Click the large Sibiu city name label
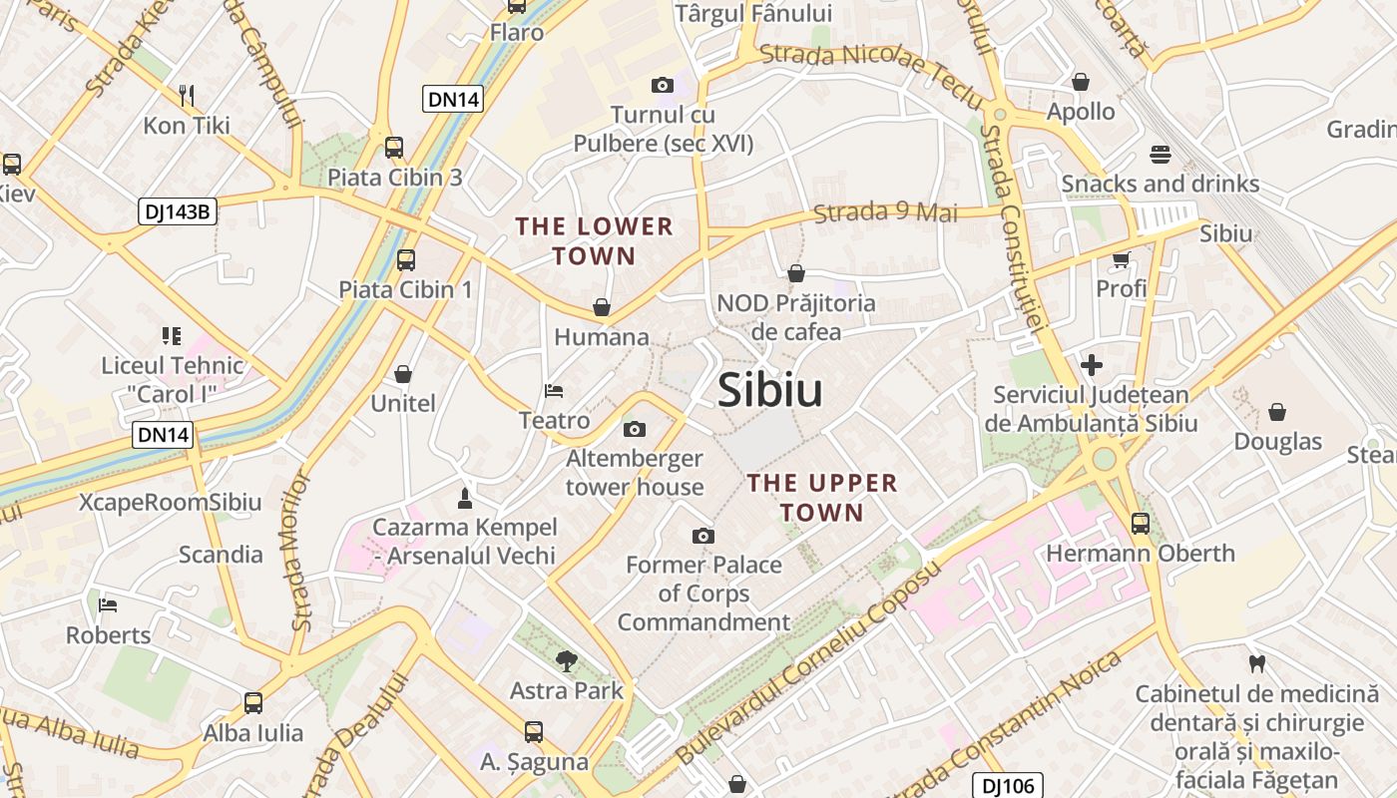point(770,390)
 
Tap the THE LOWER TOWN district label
point(595,241)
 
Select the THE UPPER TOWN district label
point(822,498)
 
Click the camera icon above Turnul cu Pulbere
point(662,86)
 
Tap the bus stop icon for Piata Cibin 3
point(394,148)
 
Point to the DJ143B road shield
point(177,210)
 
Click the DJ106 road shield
point(1007,786)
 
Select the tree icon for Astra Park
point(566,659)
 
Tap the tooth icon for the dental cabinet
point(1256,662)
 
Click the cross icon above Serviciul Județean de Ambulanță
point(1092,365)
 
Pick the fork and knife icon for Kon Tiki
point(187,96)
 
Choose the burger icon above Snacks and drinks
point(1160,155)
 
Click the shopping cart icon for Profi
point(1121,259)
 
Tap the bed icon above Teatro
point(554,391)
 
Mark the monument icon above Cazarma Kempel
point(464,497)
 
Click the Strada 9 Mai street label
point(885,212)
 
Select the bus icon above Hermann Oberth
point(1140,523)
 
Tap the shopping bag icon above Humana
point(601,307)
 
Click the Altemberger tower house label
point(635,473)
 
